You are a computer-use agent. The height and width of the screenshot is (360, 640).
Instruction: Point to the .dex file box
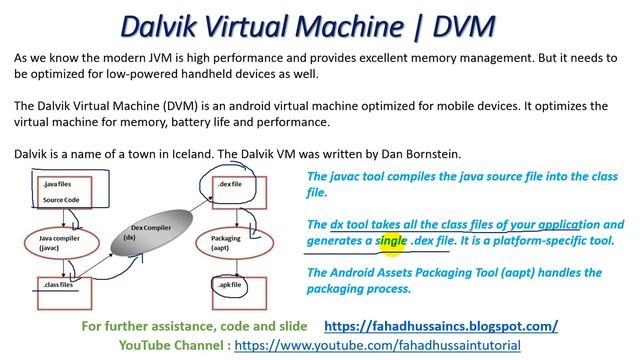tap(236, 186)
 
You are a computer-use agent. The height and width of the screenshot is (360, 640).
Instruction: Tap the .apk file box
tap(235, 286)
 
